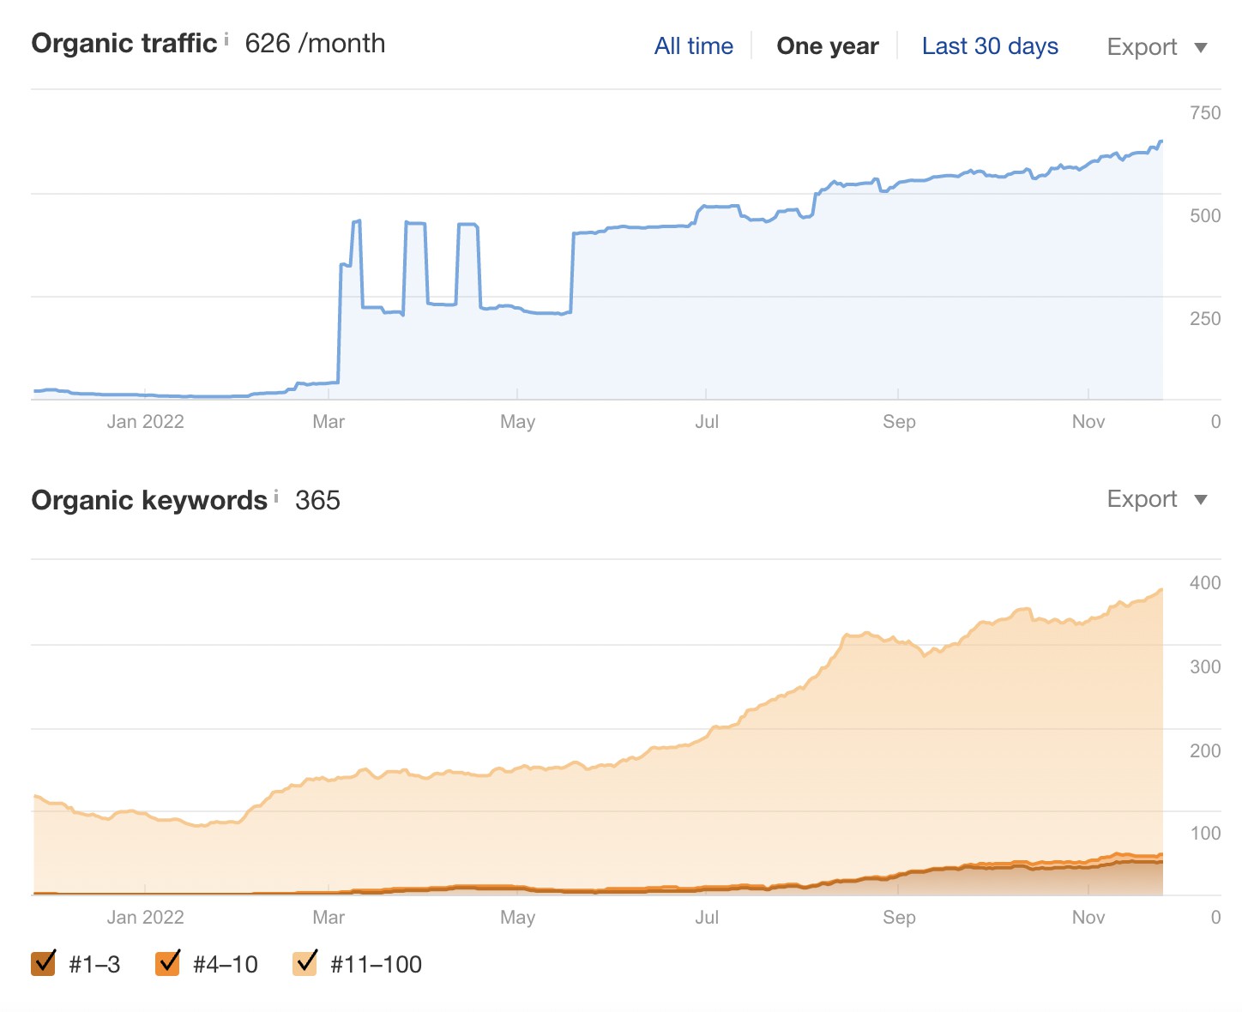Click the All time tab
693,46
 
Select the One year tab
827,46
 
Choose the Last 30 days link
990,46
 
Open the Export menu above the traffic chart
1156,47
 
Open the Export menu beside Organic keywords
1156,499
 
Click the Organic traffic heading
124,44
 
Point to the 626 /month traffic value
315,44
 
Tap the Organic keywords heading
149,500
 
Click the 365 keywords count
317,500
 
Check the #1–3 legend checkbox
44,963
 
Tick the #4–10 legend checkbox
168,963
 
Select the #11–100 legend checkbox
305,963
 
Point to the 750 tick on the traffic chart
1204,113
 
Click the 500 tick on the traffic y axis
1204,216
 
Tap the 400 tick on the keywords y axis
1204,583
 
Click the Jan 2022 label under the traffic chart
145,422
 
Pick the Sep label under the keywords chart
899,918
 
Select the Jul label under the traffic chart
707,422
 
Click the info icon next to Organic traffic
226,39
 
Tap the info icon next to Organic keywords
276,496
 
